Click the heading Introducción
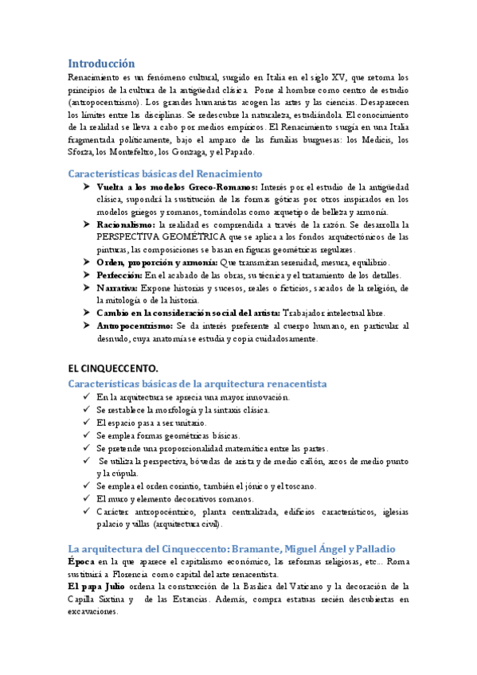click(x=101, y=63)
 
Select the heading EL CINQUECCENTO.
click(x=113, y=368)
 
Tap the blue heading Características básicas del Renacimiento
click(x=165, y=173)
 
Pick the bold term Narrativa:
click(x=116, y=287)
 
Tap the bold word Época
click(x=81, y=562)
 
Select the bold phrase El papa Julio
click(x=99, y=587)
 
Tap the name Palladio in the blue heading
click(x=373, y=549)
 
